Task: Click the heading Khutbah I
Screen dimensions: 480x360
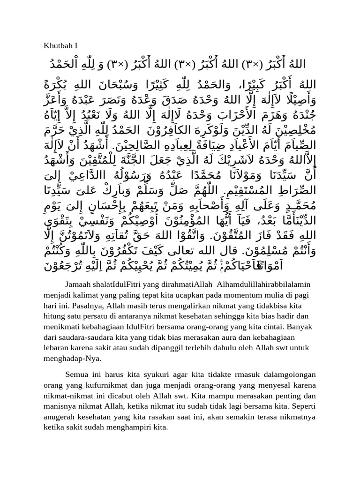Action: [60, 45]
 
